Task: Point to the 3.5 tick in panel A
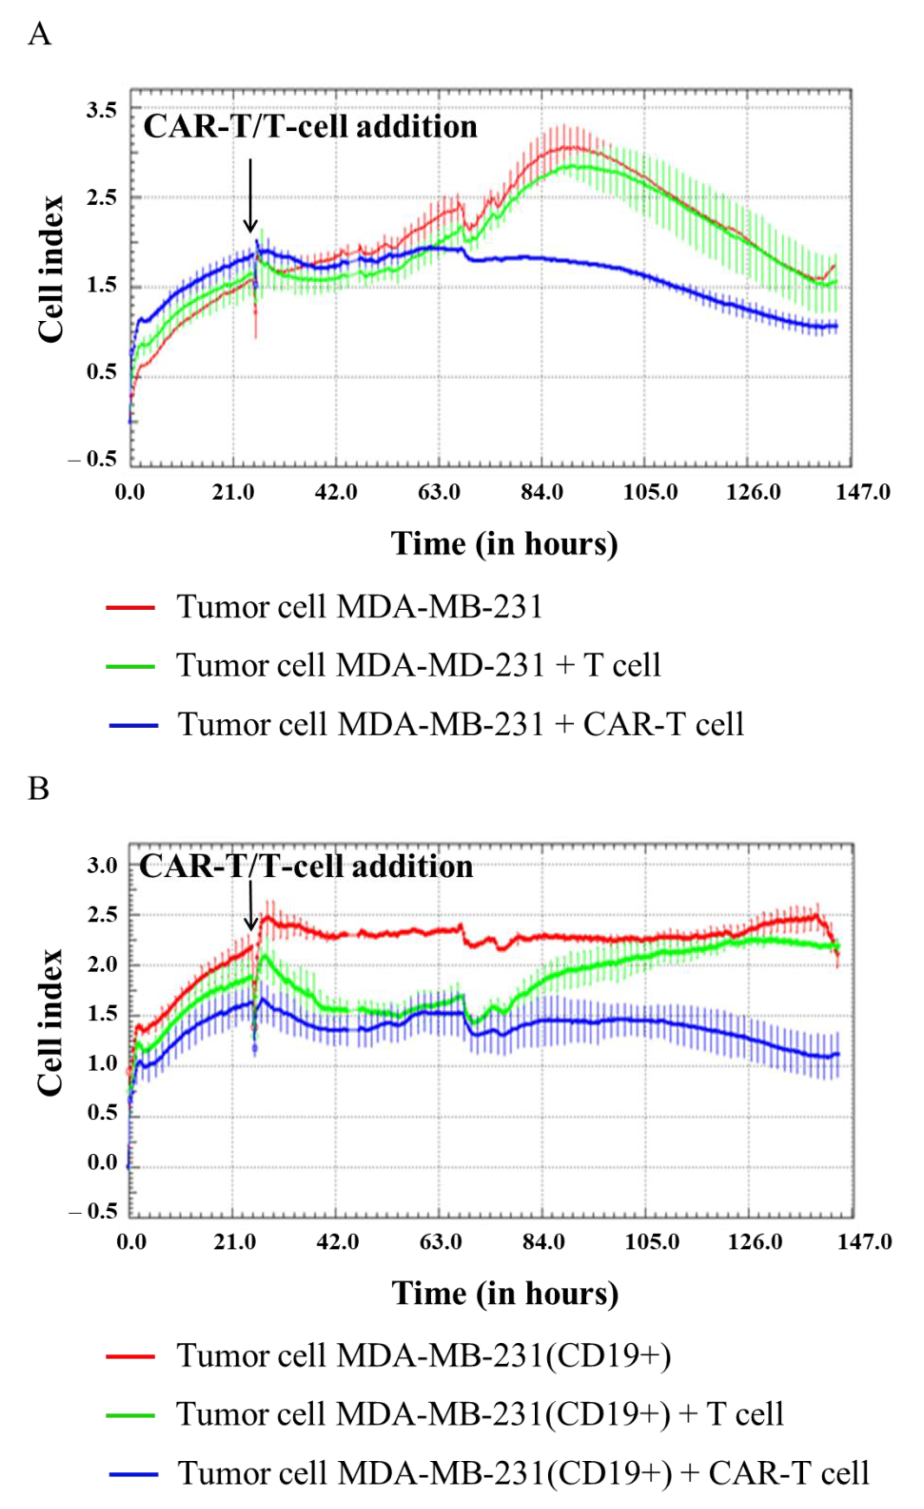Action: tap(101, 111)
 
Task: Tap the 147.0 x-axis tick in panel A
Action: tap(863, 492)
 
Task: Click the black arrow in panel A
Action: tap(250, 196)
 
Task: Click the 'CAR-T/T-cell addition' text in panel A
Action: tap(310, 127)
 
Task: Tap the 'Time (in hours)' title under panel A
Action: tap(504, 543)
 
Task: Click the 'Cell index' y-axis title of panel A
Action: tap(51, 269)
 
